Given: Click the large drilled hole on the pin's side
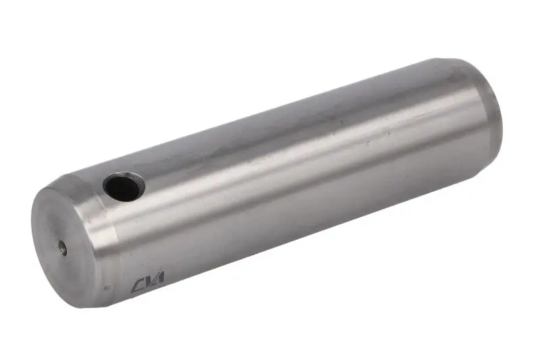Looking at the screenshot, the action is pos(124,186).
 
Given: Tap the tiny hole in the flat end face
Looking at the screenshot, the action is pos(62,248).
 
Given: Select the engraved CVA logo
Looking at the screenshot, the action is pos(147,282).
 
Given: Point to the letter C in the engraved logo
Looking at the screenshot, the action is pos(137,286).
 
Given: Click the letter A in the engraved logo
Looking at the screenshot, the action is pos(159,278).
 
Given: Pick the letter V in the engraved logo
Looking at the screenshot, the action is pos(148,281).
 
